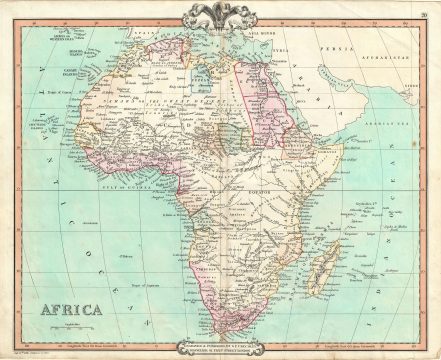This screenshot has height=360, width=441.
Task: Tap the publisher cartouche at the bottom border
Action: (220, 348)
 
